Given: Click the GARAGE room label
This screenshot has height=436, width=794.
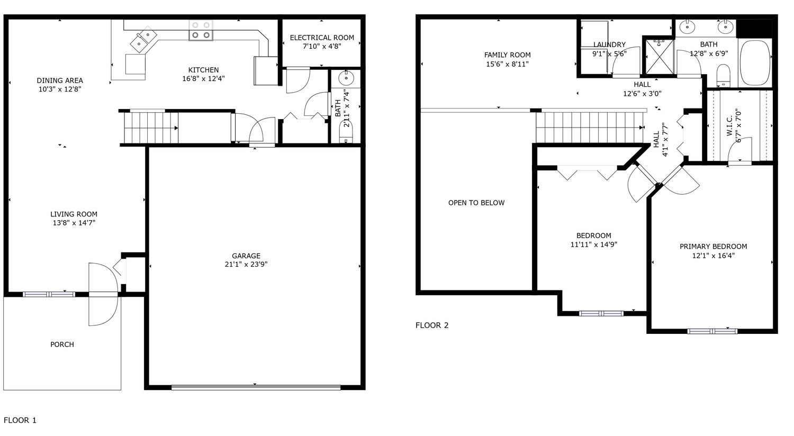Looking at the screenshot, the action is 246,256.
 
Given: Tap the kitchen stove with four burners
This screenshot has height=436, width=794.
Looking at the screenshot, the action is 201,30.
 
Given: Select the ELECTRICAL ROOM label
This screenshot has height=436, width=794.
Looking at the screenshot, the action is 322,38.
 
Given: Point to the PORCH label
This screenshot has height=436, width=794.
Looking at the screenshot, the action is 62,344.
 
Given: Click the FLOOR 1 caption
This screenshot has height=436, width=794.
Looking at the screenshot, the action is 20,420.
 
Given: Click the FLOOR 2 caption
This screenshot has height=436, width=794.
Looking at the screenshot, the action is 432,325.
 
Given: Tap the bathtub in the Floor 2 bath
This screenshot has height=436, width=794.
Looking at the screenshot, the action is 755,62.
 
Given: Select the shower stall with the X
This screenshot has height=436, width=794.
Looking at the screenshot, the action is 659,57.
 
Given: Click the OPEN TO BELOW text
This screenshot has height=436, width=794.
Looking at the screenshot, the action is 476,203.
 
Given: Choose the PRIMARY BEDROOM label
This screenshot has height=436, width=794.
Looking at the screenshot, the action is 713,247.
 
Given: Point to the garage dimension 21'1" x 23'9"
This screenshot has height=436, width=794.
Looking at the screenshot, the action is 246,264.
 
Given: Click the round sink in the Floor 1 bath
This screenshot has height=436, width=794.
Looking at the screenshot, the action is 346,78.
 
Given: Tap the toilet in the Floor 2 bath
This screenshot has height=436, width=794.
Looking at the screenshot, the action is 723,76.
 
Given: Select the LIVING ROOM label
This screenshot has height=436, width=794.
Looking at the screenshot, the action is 74,214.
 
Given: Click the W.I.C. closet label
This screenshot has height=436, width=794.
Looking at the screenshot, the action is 729,126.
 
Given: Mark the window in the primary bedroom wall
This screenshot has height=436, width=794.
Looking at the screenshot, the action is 712,332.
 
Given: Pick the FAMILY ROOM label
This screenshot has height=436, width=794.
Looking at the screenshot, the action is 507,55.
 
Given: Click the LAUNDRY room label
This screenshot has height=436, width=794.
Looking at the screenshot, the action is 609,44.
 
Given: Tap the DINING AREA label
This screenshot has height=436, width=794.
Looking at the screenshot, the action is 60,80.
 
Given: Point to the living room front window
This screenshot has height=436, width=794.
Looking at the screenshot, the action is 49,294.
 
